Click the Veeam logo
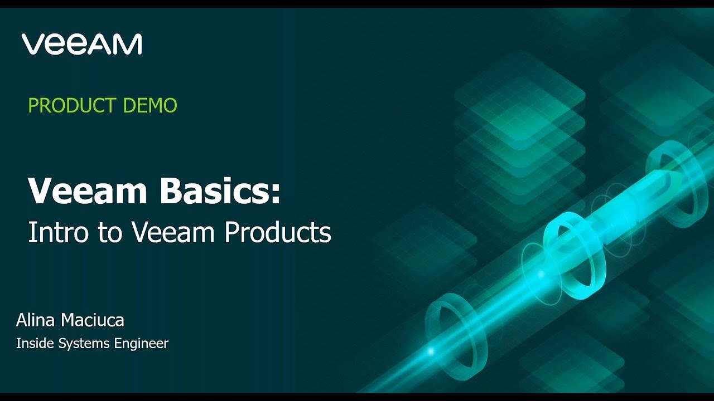pyautogui.click(x=82, y=44)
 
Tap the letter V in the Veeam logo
pyautogui.click(x=32, y=44)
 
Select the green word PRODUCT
pyautogui.click(x=72, y=105)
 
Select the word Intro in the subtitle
pyautogui.click(x=57, y=232)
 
